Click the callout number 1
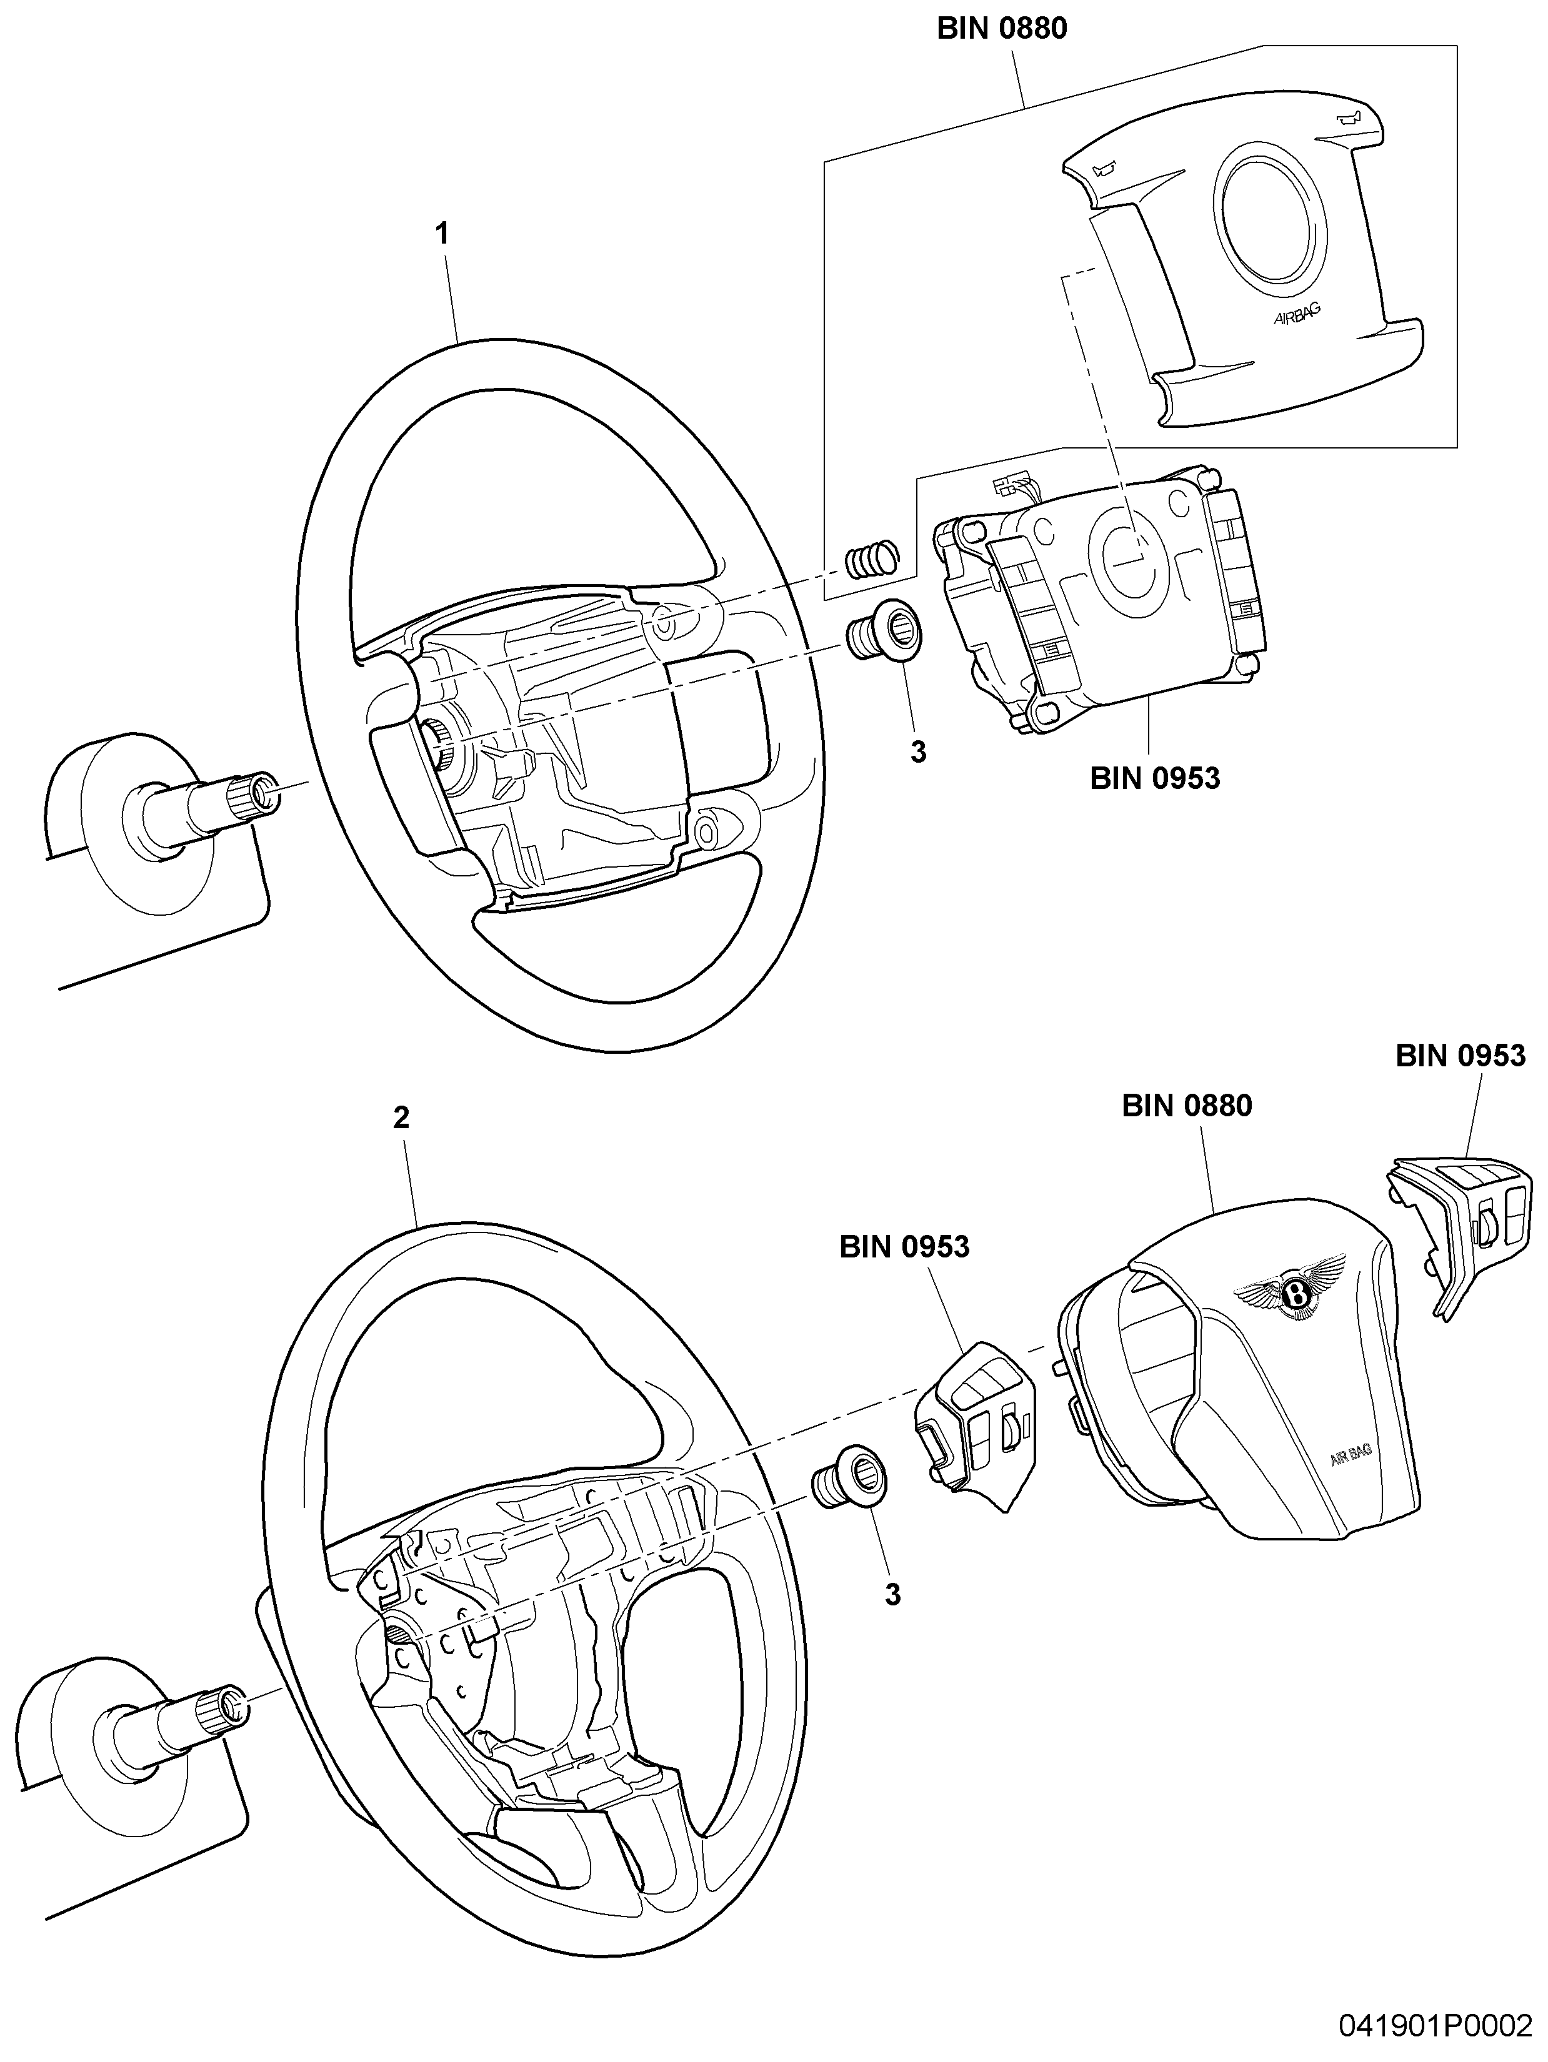tap(443, 233)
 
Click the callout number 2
tap(401, 1117)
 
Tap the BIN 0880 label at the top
tap(1002, 29)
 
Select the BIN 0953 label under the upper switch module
tap(1154, 778)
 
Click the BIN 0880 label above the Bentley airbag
tap(1187, 1106)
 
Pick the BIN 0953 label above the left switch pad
tap(904, 1246)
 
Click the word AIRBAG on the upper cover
tap(1297, 314)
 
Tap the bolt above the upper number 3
tap(884, 629)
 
